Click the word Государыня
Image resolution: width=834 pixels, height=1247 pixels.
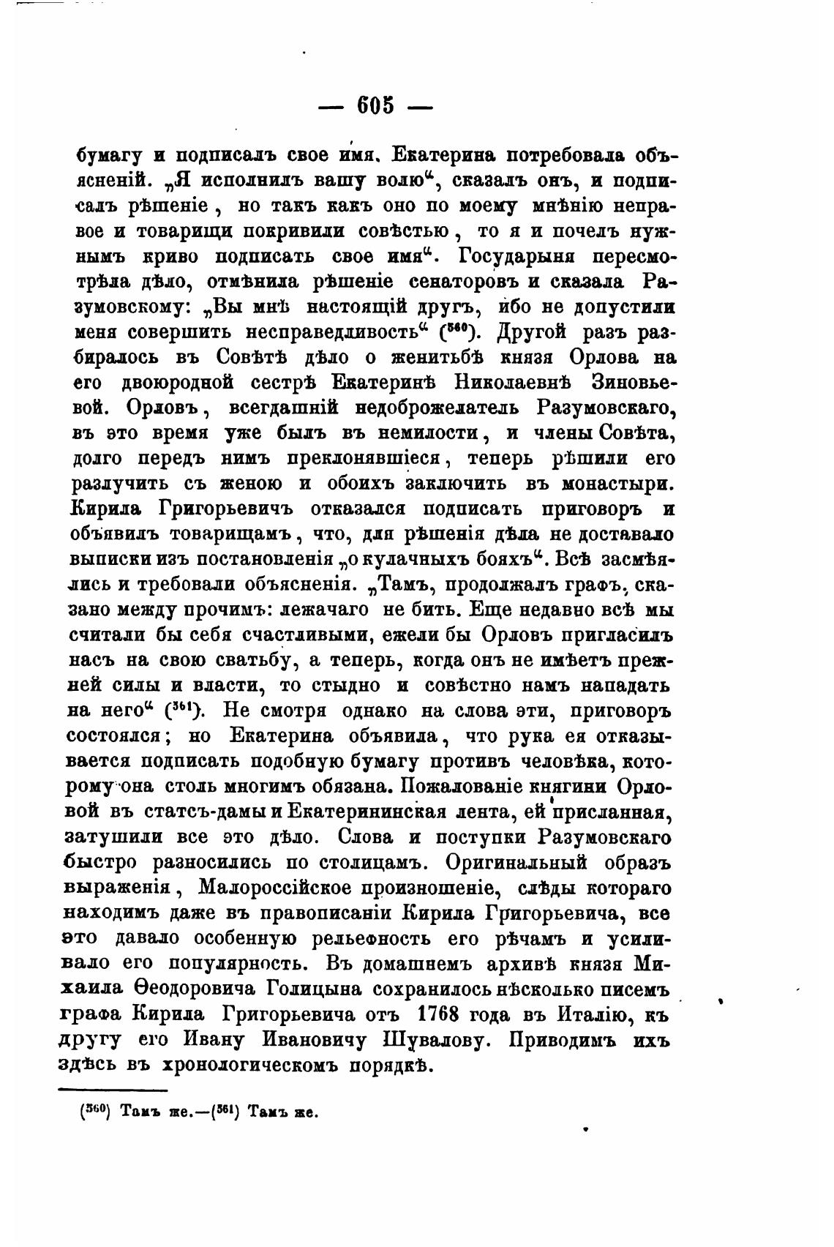522,257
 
